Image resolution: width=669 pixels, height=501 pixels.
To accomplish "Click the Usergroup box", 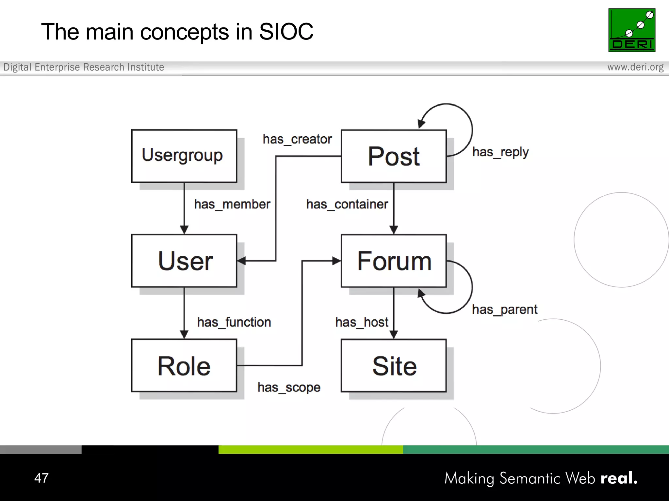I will click(184, 156).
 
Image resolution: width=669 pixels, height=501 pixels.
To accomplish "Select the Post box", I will click(393, 156).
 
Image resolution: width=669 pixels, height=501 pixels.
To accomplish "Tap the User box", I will click(184, 261).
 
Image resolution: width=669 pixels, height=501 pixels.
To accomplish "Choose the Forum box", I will click(393, 261).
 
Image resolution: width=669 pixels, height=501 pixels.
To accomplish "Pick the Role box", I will click(184, 365).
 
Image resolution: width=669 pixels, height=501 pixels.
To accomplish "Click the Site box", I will click(393, 365).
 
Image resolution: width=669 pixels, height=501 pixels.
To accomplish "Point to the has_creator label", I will click(297, 139).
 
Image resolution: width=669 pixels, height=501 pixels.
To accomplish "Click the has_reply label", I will click(500, 152).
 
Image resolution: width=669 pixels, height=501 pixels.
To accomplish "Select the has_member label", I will click(232, 205).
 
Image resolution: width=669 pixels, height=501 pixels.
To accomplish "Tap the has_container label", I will click(347, 205).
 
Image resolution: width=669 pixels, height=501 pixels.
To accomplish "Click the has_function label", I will click(234, 322).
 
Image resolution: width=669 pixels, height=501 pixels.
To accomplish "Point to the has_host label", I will click(362, 322).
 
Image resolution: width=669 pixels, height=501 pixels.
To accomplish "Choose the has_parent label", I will click(504, 309).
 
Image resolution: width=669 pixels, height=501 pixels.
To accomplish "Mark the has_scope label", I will click(289, 387).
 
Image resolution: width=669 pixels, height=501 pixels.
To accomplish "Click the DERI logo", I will click(631, 30).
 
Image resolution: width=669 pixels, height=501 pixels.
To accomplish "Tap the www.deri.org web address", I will click(635, 67).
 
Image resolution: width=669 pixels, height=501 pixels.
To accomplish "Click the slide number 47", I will click(41, 478).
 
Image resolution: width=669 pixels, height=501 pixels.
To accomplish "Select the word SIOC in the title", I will click(286, 32).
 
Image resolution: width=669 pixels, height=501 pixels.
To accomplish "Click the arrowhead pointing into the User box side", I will click(241, 261).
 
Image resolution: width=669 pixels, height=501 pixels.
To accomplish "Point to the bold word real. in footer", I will click(619, 478).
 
